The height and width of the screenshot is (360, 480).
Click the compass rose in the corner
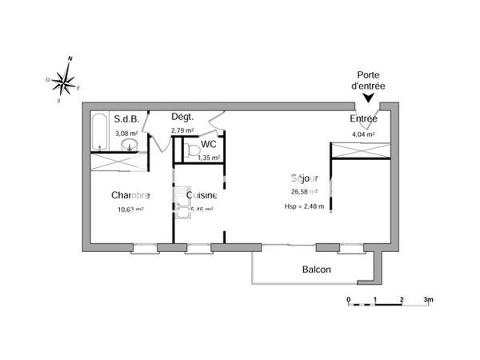point(68,78)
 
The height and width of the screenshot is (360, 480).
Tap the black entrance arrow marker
point(368,98)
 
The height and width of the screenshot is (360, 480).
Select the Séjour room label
point(305,178)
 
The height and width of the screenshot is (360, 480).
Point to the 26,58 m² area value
point(305,192)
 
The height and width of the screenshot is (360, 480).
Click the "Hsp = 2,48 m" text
point(305,206)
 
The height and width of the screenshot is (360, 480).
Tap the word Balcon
point(317,270)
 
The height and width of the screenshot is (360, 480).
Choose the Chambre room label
point(130,195)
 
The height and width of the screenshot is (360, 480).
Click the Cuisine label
point(202,195)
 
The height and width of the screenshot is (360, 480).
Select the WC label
point(208,145)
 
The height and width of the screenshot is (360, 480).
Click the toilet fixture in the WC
point(190,149)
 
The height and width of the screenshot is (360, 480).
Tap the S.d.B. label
point(126,119)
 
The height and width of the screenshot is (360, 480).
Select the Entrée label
point(363,119)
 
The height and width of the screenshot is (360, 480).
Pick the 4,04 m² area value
point(363,134)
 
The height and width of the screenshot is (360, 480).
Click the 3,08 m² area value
point(126,133)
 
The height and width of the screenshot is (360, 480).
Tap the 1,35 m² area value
point(209,158)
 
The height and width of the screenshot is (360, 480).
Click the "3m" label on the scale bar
point(428,301)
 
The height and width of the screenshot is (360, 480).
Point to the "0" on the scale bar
point(349,301)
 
